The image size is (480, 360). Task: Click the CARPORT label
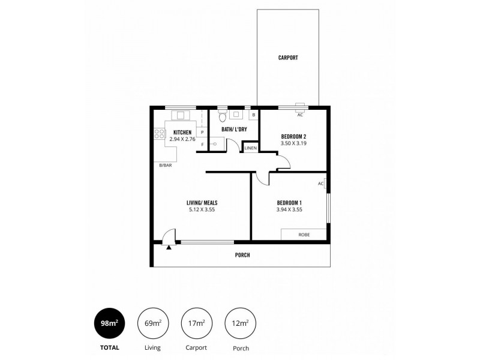tap(288, 58)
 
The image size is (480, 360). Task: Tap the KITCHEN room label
tap(182, 132)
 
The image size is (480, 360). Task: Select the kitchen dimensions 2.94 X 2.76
tap(182, 139)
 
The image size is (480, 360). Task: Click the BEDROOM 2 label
tap(294, 136)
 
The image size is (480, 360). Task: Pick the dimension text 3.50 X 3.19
tap(294, 144)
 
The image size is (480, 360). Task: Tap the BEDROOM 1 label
tap(289, 202)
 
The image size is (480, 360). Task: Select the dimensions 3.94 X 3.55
tap(289, 209)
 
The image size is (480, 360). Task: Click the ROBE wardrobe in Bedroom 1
tap(304, 235)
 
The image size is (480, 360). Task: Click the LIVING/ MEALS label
tap(201, 203)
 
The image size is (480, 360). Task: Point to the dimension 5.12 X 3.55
tap(201, 210)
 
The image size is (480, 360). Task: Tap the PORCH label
tap(242, 255)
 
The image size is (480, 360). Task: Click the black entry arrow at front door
tap(170, 246)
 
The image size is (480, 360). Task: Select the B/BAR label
tap(164, 165)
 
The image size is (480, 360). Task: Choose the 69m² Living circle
tap(153, 323)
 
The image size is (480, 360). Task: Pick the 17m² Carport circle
tap(196, 323)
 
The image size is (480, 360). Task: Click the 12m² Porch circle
tap(239, 323)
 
